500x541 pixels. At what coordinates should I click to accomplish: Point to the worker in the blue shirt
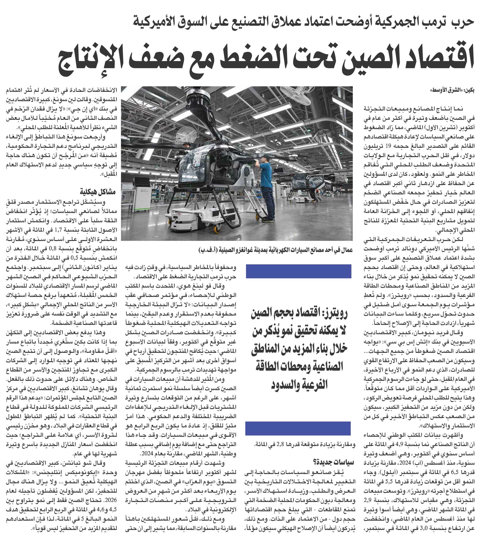point(266,187)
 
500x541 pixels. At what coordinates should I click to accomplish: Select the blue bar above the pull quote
point(298,271)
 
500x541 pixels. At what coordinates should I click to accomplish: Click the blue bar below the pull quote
point(298,428)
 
